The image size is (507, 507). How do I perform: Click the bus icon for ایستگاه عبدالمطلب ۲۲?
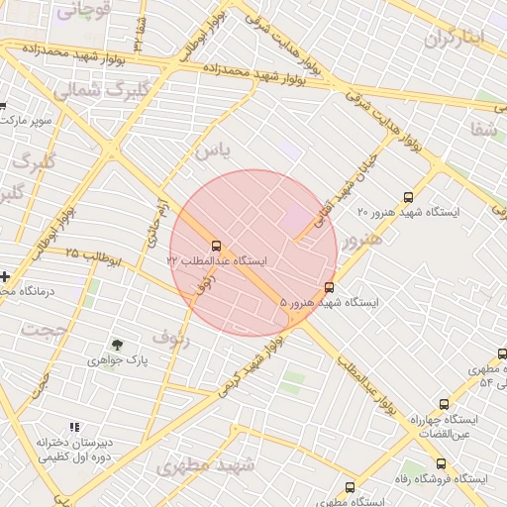tap(215, 245)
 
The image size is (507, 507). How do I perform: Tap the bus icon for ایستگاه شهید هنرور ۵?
tap(329, 288)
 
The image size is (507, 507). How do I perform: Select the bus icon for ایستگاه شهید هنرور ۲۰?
tap(410, 197)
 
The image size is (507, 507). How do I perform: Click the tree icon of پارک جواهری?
tap(118, 345)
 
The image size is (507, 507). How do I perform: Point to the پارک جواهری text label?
tap(118, 361)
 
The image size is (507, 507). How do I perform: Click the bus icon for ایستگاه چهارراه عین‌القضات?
tap(443, 404)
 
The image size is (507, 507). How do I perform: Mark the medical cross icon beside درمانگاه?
tap(5, 276)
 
